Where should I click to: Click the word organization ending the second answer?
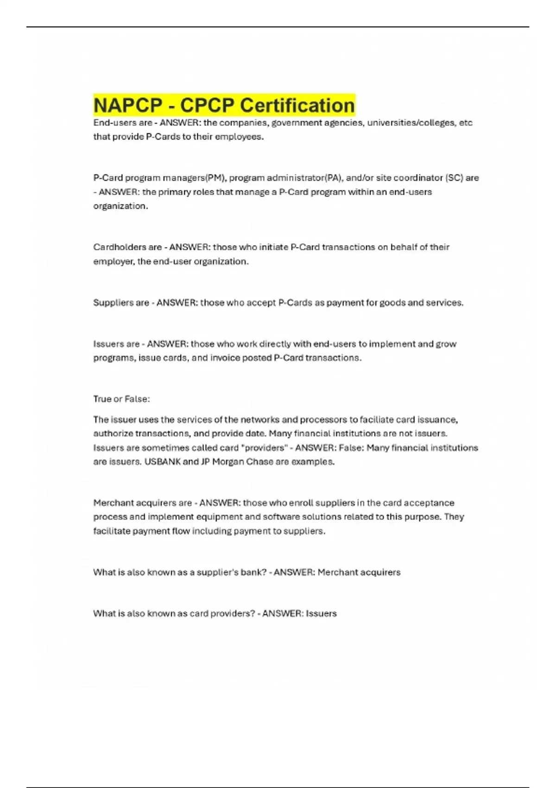point(120,206)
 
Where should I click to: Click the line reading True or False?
point(121,399)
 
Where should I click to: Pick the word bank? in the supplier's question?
point(253,572)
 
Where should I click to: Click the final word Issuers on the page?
point(321,614)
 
